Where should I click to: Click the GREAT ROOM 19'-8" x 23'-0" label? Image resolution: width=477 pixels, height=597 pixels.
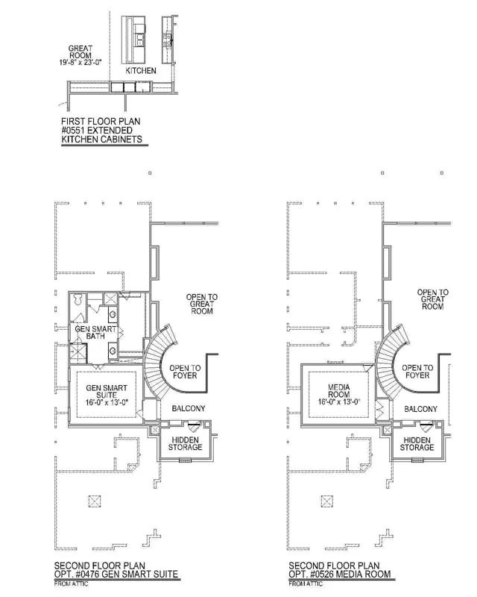click(80, 55)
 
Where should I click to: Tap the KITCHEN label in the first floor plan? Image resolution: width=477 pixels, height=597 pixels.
click(141, 70)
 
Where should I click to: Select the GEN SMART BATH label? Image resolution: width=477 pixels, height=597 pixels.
click(95, 332)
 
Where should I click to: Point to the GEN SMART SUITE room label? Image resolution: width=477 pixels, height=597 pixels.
click(107, 395)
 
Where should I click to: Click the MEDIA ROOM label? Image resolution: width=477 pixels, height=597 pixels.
click(339, 395)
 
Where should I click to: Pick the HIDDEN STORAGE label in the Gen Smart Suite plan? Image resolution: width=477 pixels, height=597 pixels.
click(186, 443)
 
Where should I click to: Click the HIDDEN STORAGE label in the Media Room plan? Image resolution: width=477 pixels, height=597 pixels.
click(417, 444)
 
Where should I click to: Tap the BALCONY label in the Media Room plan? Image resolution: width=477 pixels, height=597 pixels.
click(420, 409)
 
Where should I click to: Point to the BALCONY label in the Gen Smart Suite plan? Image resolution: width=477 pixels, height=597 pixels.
click(189, 408)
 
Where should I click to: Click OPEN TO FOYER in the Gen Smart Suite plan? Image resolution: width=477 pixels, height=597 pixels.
click(185, 372)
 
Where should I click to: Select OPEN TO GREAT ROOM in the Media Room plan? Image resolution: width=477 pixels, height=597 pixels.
click(433, 299)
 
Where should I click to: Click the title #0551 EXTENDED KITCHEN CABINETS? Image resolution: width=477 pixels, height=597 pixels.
click(102, 135)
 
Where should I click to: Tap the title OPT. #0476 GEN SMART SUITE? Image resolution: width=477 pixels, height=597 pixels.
click(116, 574)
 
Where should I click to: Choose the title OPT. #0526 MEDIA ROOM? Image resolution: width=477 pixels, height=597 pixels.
click(340, 574)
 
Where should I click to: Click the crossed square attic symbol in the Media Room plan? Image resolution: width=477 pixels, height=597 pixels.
click(327, 501)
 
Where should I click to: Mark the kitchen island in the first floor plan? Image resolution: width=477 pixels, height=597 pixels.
click(133, 40)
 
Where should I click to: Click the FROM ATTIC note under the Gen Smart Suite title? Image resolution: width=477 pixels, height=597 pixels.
click(71, 584)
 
